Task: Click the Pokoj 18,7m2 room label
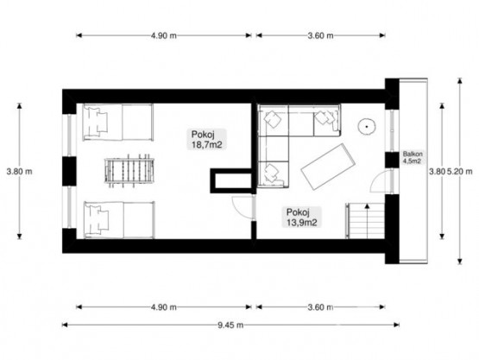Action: pyautogui.click(x=206, y=139)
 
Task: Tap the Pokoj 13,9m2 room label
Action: pyautogui.click(x=301, y=217)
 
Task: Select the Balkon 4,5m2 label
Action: pyautogui.click(x=413, y=157)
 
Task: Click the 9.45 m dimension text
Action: pyautogui.click(x=230, y=325)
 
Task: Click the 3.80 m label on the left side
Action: pyautogui.click(x=19, y=172)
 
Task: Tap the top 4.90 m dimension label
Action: pyautogui.click(x=164, y=35)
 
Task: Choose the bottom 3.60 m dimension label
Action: pyautogui.click(x=320, y=307)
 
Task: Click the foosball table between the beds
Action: pyautogui.click(x=129, y=170)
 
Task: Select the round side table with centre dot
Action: pyautogui.click(x=367, y=126)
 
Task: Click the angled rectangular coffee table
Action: pyautogui.click(x=328, y=167)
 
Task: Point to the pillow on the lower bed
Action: pyautogui.click(x=98, y=220)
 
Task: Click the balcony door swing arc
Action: pyautogui.click(x=378, y=181)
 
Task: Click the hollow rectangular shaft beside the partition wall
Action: pyautogui.click(x=231, y=180)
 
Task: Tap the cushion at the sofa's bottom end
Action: pyautogui.click(x=272, y=174)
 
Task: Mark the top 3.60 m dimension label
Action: pyautogui.click(x=320, y=35)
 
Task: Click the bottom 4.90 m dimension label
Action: pyautogui.click(x=164, y=307)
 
